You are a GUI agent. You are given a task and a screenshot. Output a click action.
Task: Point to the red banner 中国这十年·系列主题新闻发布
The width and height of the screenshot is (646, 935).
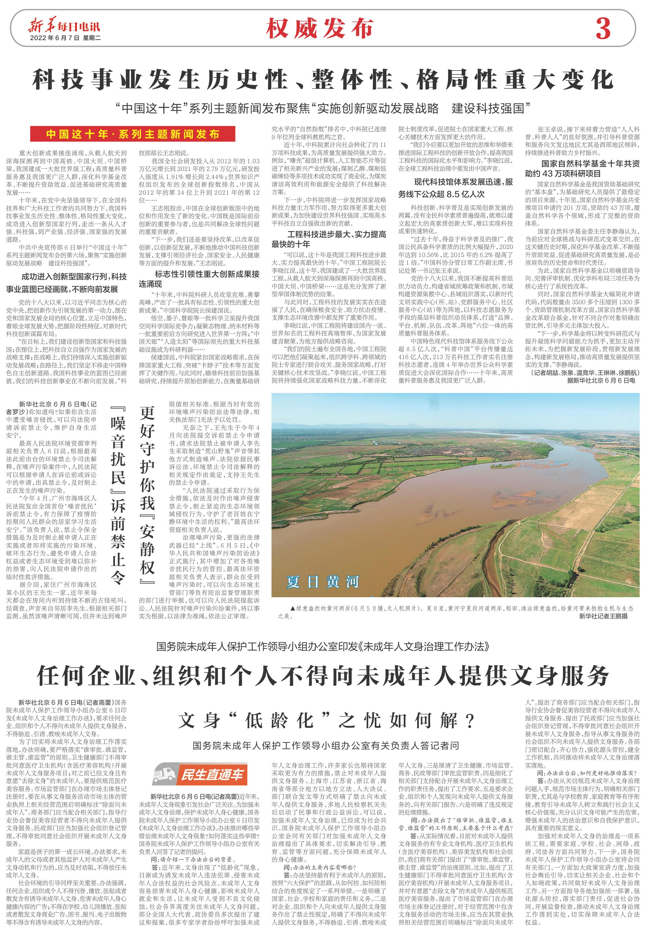pyautogui.click(x=133, y=134)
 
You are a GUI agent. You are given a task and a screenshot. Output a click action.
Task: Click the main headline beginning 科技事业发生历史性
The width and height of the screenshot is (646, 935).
pyautogui.click(x=323, y=79)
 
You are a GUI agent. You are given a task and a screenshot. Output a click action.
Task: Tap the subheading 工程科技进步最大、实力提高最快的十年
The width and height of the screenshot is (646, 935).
pyautogui.click(x=329, y=239)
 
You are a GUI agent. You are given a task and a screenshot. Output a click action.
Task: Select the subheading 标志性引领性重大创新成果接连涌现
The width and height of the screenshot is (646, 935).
pyautogui.click(x=199, y=279)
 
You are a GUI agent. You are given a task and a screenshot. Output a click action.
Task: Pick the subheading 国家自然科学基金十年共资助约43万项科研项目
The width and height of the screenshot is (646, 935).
pyautogui.click(x=583, y=168)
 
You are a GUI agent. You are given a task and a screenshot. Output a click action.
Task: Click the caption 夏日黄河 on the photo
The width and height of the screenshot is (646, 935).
pyautogui.click(x=323, y=582)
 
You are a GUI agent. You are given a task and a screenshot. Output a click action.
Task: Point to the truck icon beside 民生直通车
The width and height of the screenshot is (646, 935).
pyautogui.click(x=165, y=775)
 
